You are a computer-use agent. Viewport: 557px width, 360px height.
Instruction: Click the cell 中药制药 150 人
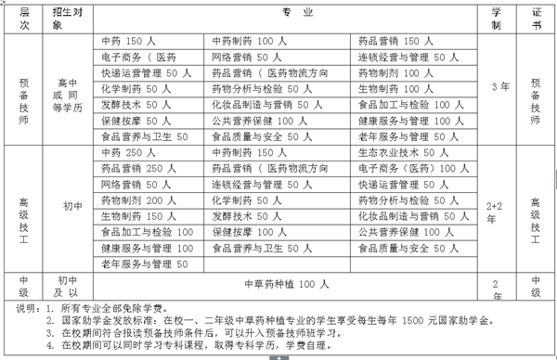coord(251,152)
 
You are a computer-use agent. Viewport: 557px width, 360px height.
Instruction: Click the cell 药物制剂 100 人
coord(394,71)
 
